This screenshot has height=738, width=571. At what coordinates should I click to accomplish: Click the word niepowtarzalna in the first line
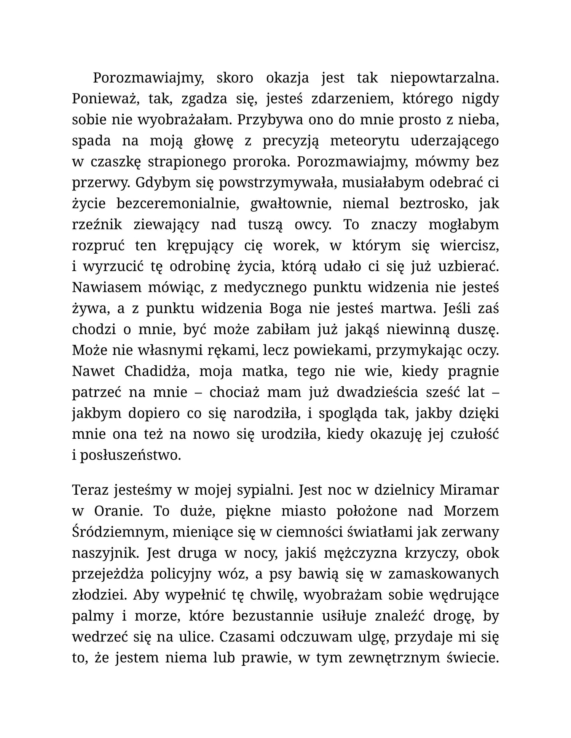point(444,78)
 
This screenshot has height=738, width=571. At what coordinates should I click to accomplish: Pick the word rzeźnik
point(97,225)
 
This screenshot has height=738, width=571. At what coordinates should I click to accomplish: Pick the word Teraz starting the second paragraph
point(90,490)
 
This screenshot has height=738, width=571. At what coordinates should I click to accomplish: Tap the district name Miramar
point(469,490)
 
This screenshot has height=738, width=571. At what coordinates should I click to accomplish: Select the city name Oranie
point(118,511)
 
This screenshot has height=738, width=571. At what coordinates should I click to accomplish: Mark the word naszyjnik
point(105,553)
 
